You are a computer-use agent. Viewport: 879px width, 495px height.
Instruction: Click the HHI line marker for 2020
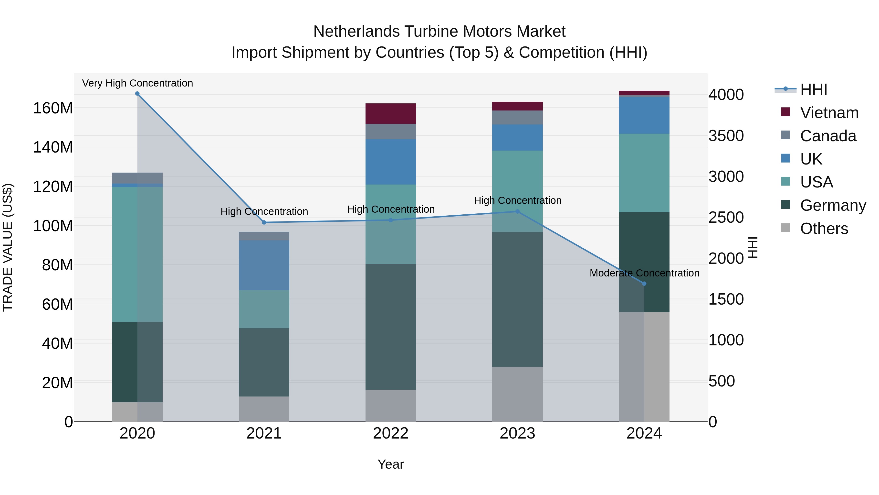tap(137, 94)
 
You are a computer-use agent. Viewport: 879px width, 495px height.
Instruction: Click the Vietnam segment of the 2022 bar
tap(390, 113)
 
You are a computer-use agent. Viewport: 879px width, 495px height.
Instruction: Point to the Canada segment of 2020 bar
tap(137, 178)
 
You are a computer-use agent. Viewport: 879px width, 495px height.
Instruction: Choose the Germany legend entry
tap(833, 205)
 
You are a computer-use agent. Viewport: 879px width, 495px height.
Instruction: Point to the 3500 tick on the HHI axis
tap(726, 136)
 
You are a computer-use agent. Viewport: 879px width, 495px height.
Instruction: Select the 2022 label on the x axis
tap(390, 433)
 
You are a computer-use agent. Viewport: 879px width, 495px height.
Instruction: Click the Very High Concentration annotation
tap(137, 83)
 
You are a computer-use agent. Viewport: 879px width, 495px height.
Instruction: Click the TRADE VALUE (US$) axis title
tap(8, 247)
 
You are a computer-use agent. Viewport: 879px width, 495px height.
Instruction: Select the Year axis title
tap(390, 464)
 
